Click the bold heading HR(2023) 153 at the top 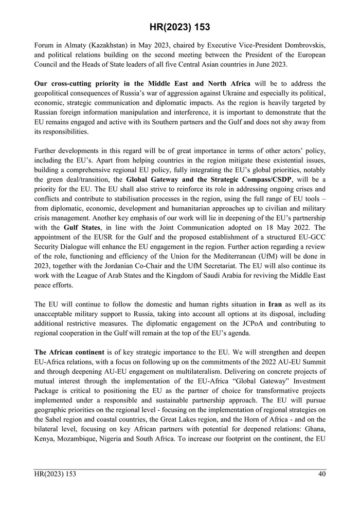[x=179, y=27]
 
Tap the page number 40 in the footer [x=321, y=474]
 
